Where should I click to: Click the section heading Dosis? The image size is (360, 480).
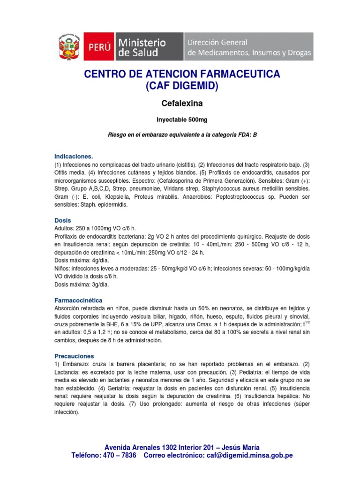[63, 220]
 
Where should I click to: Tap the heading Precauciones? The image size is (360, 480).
[74, 356]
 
